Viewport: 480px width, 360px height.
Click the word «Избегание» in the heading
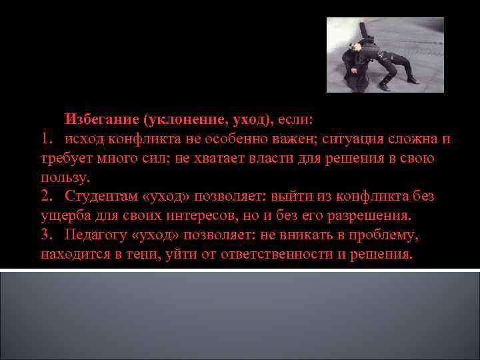[101, 120]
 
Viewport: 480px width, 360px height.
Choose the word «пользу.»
[65, 178]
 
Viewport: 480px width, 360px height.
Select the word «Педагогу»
[95, 235]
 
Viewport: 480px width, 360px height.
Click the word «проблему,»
[383, 235]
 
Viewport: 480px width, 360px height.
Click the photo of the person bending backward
[385, 55]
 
